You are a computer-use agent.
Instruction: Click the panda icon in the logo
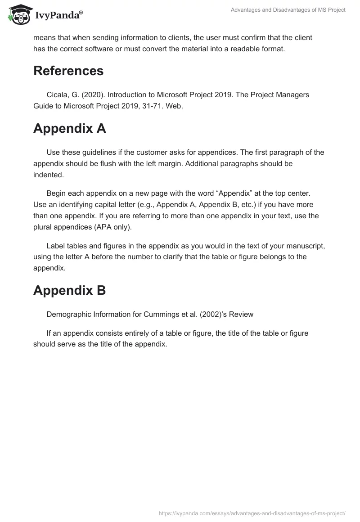(x=18, y=15)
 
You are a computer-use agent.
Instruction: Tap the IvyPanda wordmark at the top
(x=58, y=16)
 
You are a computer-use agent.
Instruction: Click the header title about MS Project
(x=288, y=10)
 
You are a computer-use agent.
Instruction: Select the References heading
(x=68, y=71)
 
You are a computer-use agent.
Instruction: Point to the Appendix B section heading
(x=69, y=290)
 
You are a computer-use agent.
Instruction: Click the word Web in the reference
(x=175, y=107)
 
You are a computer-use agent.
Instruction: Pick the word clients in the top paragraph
(x=176, y=37)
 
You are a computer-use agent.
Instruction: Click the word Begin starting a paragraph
(x=57, y=193)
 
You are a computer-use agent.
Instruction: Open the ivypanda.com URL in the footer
(x=252, y=513)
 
